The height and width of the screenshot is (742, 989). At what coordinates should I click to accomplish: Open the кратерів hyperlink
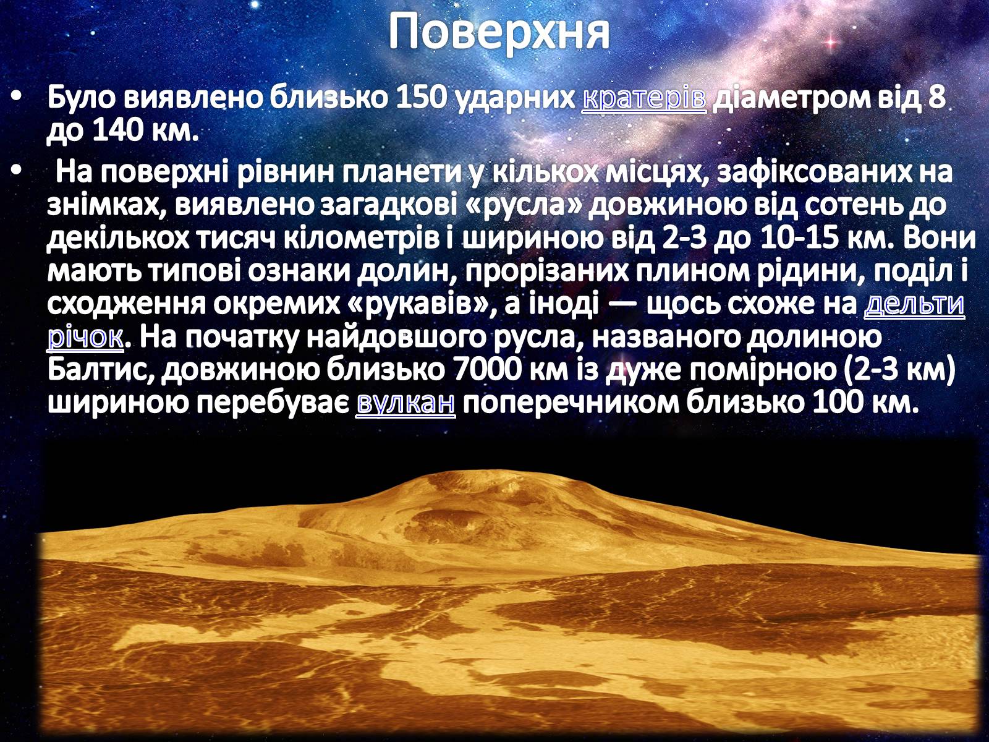coord(644,98)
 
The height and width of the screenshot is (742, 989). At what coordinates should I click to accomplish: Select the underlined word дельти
coord(914,305)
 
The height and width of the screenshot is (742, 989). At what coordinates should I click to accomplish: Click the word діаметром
coord(791,98)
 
